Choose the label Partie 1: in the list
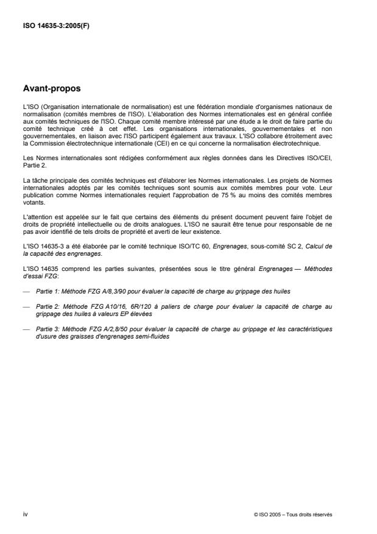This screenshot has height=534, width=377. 46,292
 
